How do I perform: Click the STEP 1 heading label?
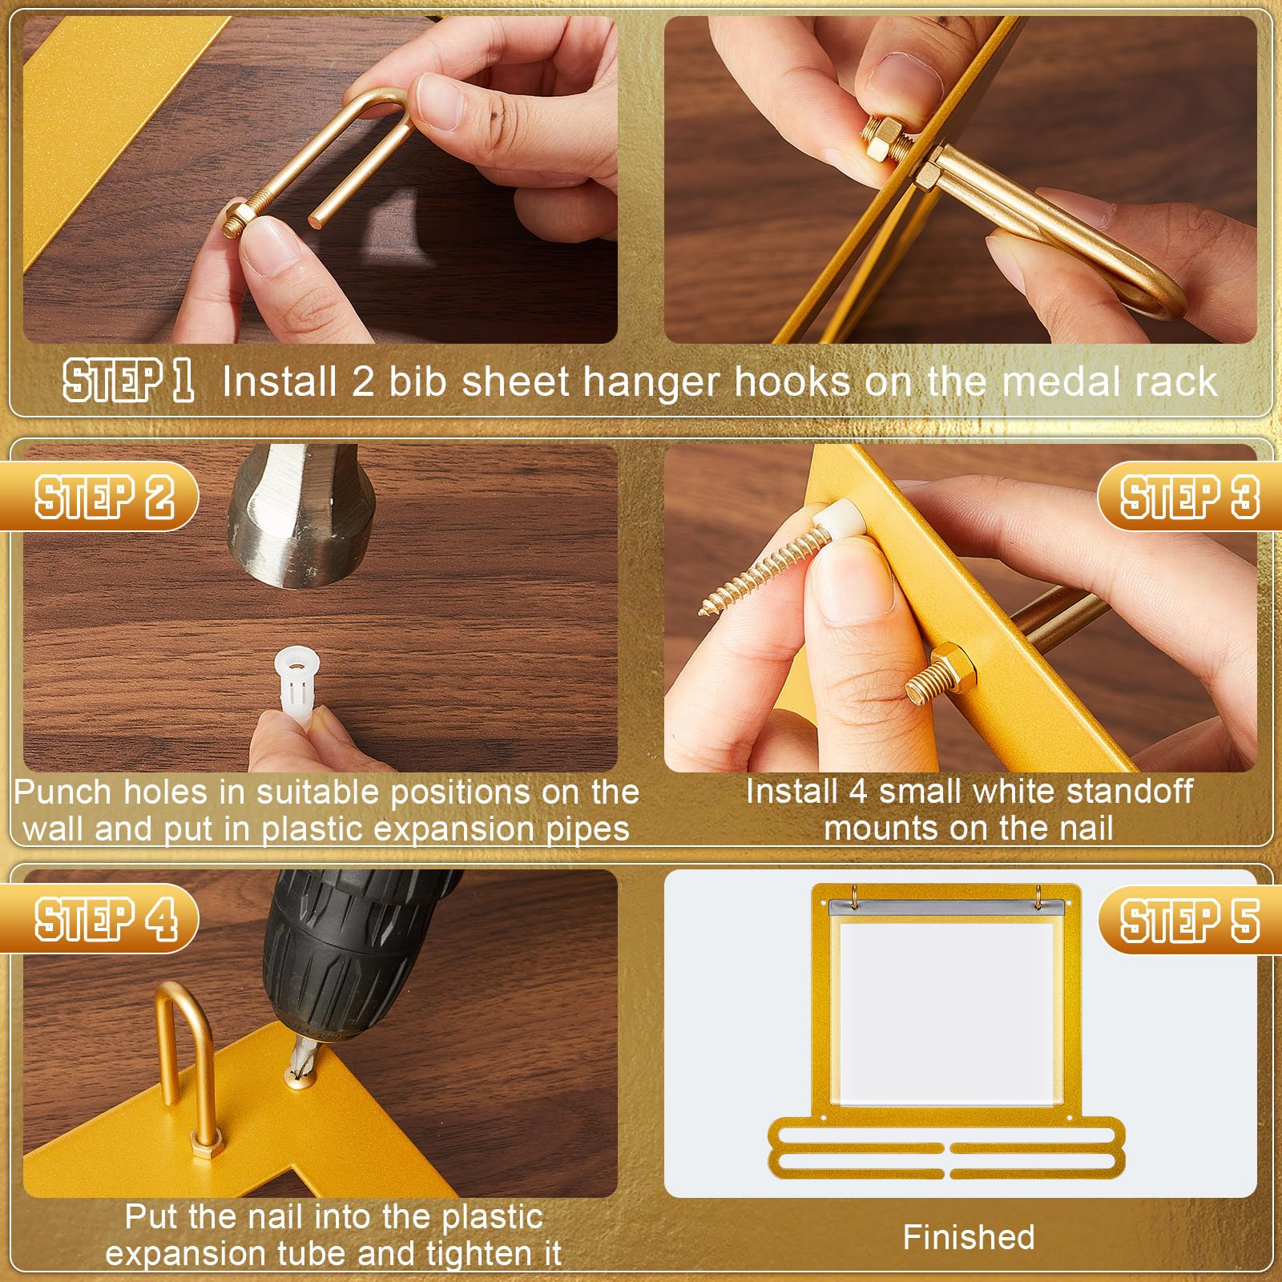[x=128, y=381]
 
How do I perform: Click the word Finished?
[x=969, y=1237]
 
